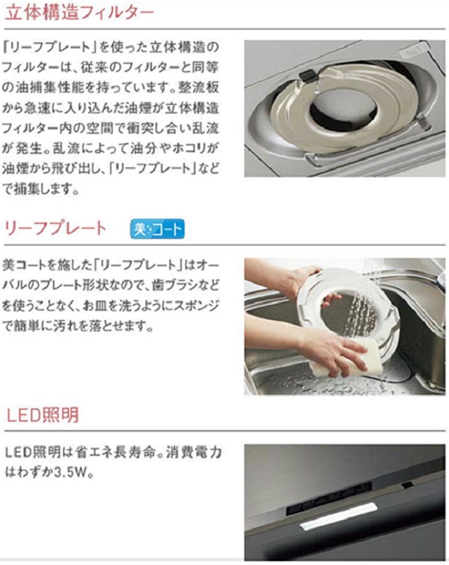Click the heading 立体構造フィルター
(80, 13)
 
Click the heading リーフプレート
(56, 229)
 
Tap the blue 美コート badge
(157, 229)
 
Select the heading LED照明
(43, 415)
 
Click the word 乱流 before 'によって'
(66, 149)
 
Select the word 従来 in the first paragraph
(94, 67)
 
